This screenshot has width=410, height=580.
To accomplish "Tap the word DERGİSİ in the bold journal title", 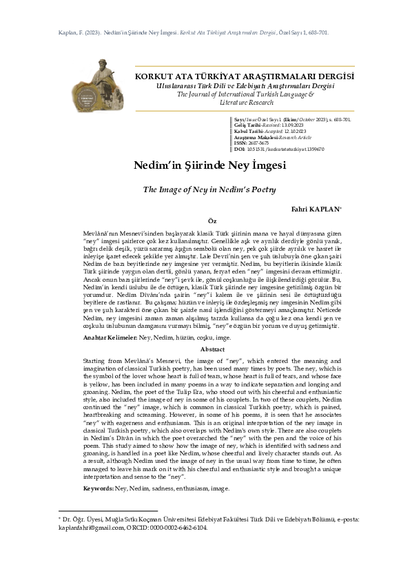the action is [334, 76].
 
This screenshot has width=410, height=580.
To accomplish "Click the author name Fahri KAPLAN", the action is [321, 208].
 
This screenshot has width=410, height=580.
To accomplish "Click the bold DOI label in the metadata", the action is [240, 149].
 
